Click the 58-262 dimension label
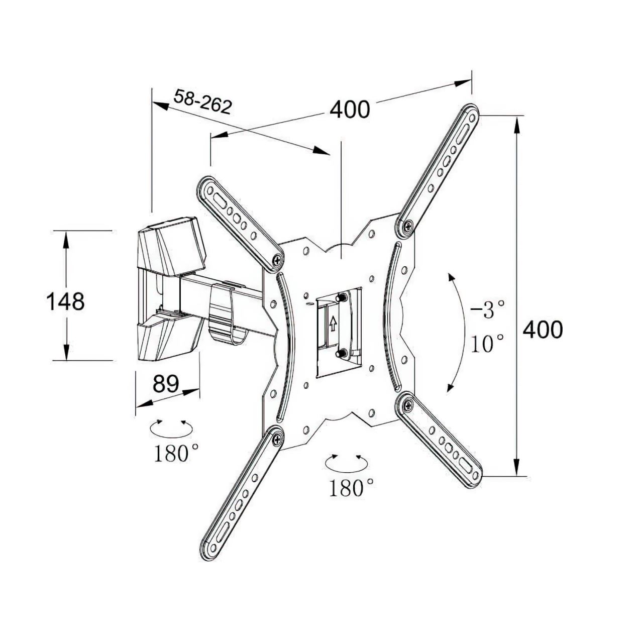pos(202,101)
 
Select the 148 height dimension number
pos(65,301)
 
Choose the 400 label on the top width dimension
pos(350,109)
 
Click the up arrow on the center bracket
pos(333,324)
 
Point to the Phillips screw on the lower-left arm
pos(277,440)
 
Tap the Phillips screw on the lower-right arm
pos(407,405)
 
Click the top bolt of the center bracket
pos(341,297)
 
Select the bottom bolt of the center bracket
pos(341,352)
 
